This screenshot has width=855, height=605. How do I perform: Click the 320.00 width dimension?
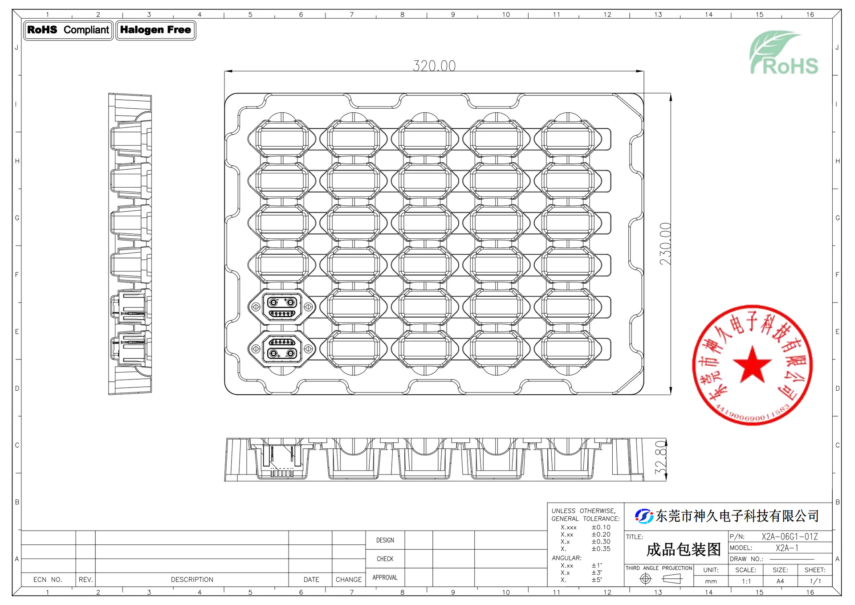coord(434,66)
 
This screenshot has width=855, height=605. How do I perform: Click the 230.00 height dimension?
coord(665,244)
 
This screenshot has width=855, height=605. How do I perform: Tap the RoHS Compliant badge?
coord(68,30)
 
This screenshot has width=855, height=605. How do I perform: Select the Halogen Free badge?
coord(156,30)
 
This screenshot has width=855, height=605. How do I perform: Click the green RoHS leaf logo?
coord(784,53)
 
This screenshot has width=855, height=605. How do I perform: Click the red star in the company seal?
coord(752,365)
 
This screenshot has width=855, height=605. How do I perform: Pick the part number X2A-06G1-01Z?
coord(790,536)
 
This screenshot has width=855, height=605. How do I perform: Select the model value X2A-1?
coord(787,548)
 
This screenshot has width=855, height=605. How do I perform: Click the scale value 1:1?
coord(746,581)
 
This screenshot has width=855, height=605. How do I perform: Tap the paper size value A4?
coord(780,581)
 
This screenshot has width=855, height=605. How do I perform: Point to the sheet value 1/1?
coord(815,581)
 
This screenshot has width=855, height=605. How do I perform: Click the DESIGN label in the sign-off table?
coord(385,540)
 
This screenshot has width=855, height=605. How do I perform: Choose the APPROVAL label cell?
coord(385,577)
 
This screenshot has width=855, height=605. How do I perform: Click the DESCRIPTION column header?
coord(192,580)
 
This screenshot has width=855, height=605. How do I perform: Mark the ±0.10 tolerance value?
coord(601,527)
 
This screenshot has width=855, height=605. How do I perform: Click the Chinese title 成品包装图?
coord(683,550)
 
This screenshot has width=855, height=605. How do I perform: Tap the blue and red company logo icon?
coord(644,516)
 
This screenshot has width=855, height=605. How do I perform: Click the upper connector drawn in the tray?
coord(282,307)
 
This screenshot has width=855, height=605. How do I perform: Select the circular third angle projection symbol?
coord(645,579)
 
